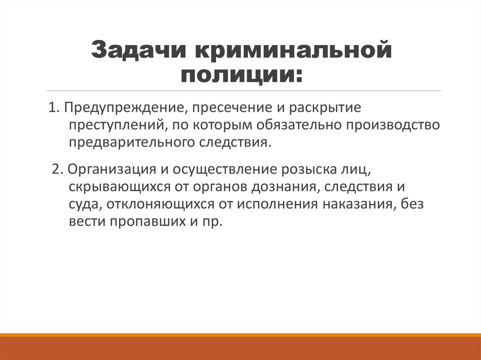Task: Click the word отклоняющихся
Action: tap(156, 204)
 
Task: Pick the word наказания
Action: tap(358, 204)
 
